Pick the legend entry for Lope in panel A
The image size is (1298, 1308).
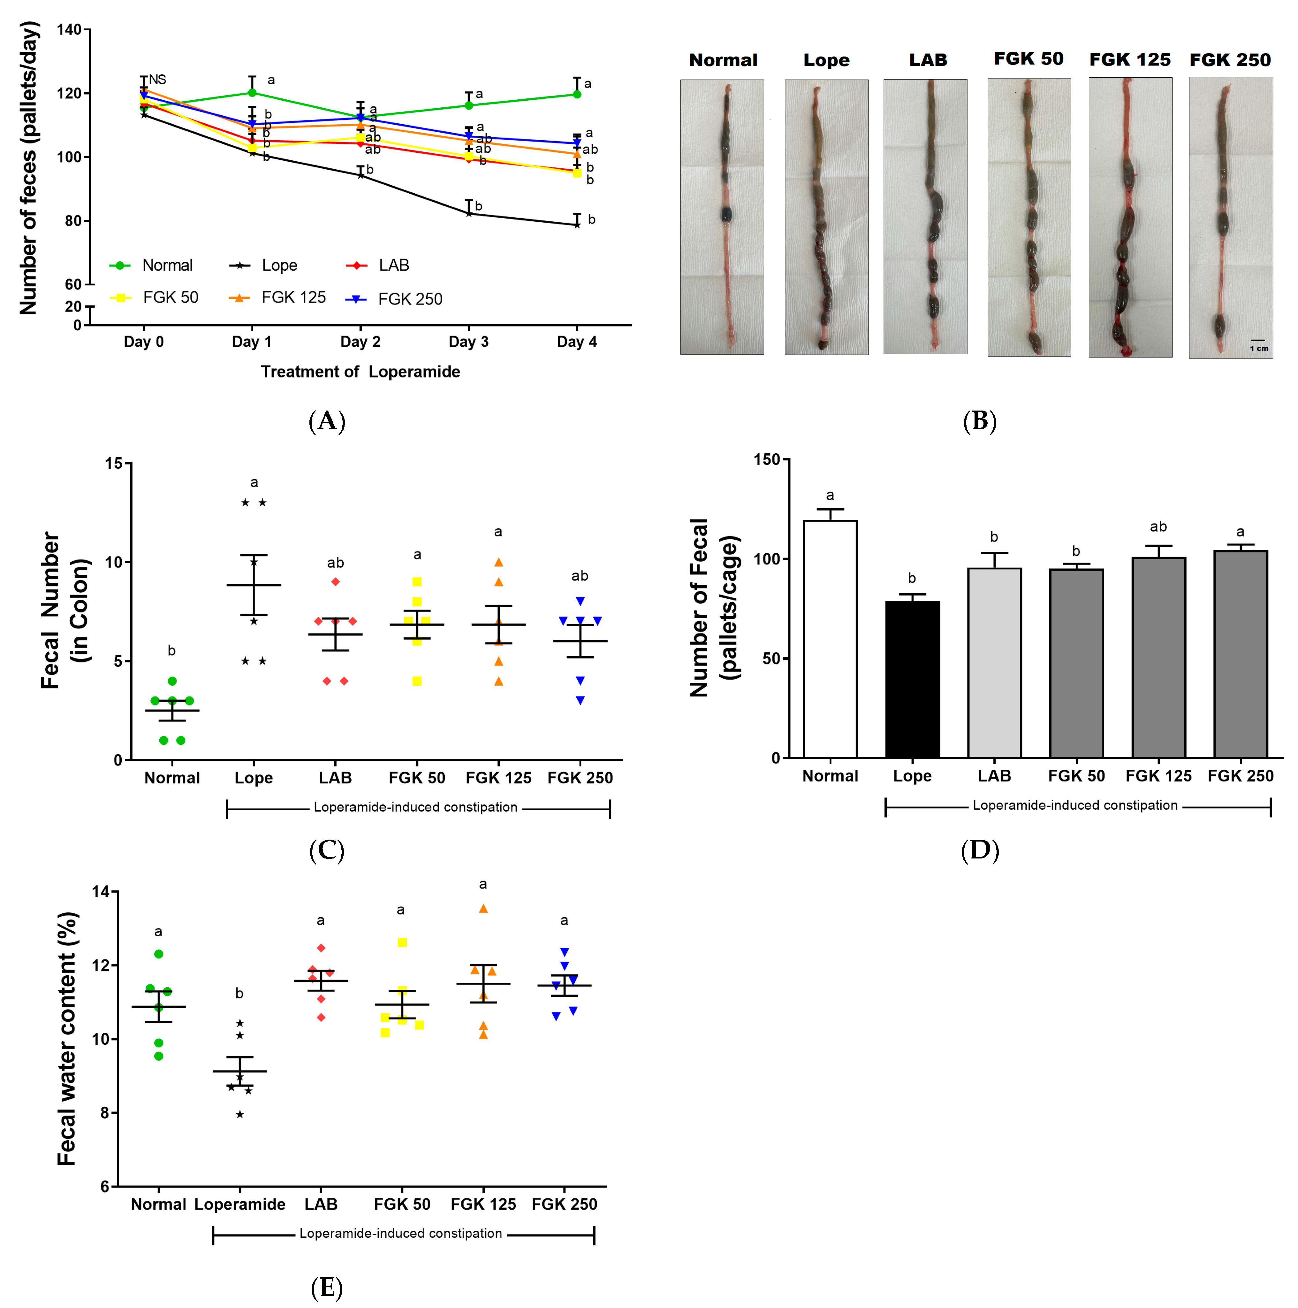point(264,265)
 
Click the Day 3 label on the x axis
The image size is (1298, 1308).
point(468,342)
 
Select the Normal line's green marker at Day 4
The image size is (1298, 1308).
point(577,94)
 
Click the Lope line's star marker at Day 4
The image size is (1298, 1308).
point(577,225)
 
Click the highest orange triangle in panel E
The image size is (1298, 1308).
point(483,909)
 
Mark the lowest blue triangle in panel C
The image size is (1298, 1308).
point(580,701)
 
